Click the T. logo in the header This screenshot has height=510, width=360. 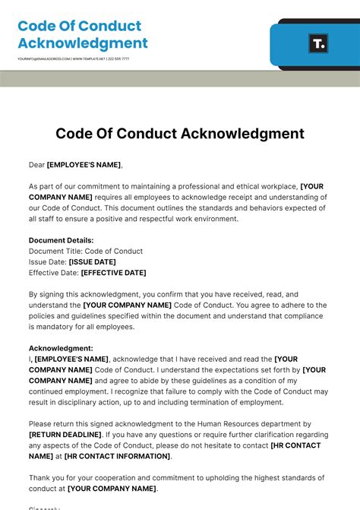pos(318,43)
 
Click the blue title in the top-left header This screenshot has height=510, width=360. pos(83,35)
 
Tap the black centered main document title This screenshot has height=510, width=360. pos(180,134)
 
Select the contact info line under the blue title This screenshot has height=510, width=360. pos(73,59)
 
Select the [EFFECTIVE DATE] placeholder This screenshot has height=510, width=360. pos(113,272)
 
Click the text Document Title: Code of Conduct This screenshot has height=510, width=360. pos(86,251)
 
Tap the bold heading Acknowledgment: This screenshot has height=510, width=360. pos(61,348)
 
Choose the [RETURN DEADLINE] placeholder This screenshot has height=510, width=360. pos(66,435)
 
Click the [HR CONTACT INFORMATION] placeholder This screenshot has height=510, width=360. pos(117,456)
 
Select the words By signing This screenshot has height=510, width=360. pos(47,294)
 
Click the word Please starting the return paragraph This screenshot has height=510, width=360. pos(41,424)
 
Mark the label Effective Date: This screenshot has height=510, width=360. pos(53,272)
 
